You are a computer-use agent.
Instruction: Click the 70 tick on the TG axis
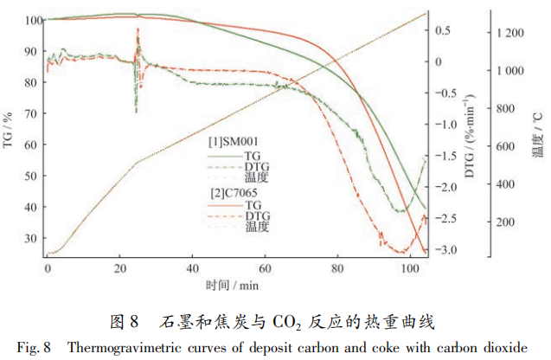(32, 113)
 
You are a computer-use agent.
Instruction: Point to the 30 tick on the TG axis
(32, 238)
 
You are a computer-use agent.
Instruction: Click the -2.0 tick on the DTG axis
(444, 188)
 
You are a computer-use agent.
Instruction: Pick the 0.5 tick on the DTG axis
(442, 30)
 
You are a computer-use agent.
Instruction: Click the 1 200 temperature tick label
(511, 32)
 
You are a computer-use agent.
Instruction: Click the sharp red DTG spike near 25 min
(138, 29)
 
